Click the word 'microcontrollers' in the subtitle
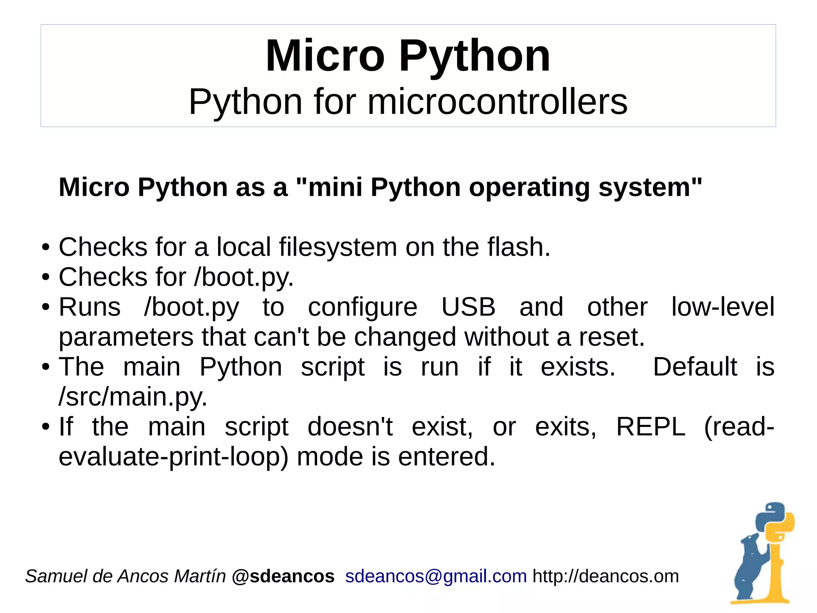(x=497, y=102)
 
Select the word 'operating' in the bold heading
(x=529, y=187)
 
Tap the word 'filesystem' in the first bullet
(x=338, y=247)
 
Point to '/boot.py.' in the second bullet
(x=244, y=277)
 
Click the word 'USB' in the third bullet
(x=468, y=307)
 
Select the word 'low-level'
(x=722, y=307)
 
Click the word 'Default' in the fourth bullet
(x=695, y=367)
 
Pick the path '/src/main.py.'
(x=133, y=397)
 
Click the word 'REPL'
(x=650, y=427)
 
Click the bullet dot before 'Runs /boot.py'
(x=46, y=307)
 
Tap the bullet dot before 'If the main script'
(x=46, y=427)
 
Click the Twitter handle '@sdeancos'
(x=283, y=576)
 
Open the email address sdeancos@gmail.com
(x=436, y=576)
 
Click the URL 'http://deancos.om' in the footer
(x=606, y=576)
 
